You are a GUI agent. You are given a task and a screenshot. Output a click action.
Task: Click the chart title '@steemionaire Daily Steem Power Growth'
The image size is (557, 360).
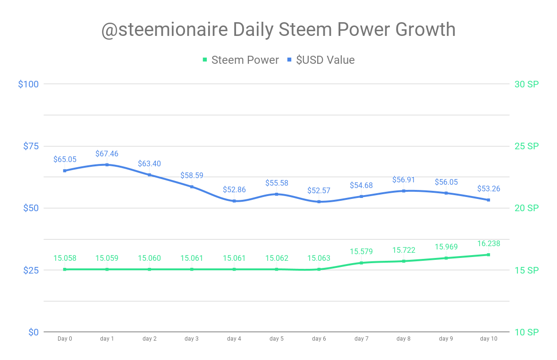click(x=278, y=30)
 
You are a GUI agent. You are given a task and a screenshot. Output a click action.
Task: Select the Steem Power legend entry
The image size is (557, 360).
click(x=240, y=60)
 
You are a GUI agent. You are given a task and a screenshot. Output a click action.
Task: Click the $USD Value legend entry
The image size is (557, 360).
click(x=321, y=60)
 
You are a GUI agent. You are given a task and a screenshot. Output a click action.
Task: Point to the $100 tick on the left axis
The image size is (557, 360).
click(x=28, y=84)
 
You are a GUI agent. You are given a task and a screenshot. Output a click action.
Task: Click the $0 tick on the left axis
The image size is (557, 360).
click(x=33, y=332)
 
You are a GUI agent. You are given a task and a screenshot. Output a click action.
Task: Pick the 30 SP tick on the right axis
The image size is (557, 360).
click(x=526, y=84)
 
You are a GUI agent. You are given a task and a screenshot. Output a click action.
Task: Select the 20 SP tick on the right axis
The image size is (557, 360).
click(x=526, y=208)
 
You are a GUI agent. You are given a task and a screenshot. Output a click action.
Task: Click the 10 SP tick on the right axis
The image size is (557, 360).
click(x=526, y=332)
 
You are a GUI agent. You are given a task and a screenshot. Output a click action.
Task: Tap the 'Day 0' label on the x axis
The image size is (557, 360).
click(x=65, y=339)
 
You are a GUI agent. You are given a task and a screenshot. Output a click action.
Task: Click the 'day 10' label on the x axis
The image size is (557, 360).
click(x=489, y=339)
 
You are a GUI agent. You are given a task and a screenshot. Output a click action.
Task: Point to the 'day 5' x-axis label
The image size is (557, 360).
click(x=277, y=339)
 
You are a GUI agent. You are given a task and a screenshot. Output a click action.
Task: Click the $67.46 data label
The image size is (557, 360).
click(x=107, y=154)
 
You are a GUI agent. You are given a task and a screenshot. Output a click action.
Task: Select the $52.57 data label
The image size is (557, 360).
click(x=319, y=190)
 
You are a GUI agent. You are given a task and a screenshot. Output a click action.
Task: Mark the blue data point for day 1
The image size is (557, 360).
click(x=107, y=164)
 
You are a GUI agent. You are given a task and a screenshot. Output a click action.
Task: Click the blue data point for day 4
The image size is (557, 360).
click(x=234, y=201)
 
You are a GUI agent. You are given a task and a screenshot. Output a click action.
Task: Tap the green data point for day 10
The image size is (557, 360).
click(x=489, y=255)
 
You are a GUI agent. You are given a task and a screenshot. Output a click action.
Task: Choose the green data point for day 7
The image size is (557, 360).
click(x=362, y=263)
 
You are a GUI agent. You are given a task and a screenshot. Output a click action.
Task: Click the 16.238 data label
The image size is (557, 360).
click(x=489, y=244)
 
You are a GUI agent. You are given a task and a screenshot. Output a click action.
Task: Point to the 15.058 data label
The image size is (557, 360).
click(x=65, y=258)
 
